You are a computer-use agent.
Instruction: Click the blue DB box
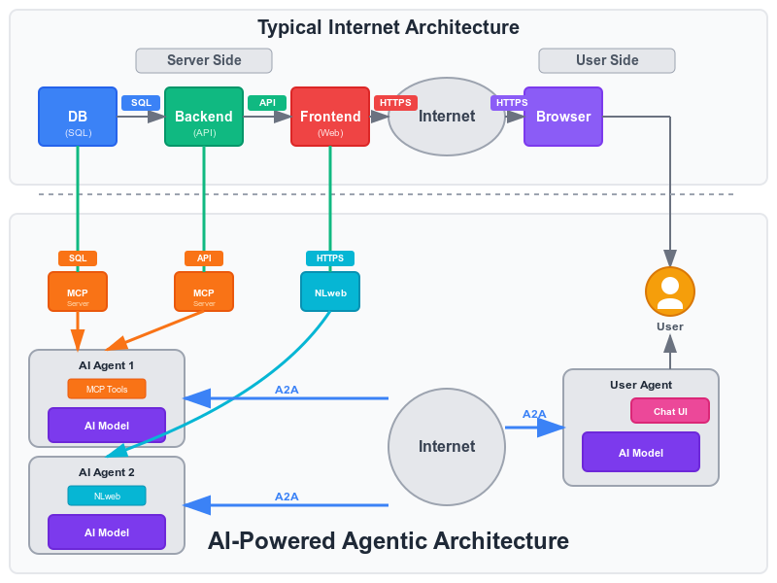(78, 117)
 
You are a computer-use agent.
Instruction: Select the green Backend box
(204, 117)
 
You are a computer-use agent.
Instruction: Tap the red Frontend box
(330, 117)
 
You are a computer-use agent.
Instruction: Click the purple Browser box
(563, 117)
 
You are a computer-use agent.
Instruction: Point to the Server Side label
(203, 60)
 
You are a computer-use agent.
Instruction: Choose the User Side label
(607, 60)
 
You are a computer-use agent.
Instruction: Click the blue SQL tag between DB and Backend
(141, 102)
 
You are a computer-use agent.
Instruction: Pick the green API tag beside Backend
(267, 102)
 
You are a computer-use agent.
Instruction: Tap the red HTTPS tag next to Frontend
(395, 102)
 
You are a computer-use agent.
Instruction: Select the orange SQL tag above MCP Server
(78, 258)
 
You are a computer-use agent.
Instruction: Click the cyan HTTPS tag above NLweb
(330, 258)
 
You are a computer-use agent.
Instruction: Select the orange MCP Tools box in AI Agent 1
(107, 389)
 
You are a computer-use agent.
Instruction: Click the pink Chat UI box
(670, 411)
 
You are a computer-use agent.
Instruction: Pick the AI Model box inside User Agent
(641, 452)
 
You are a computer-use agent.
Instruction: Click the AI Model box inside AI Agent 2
(107, 532)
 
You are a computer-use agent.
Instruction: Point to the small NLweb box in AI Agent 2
(107, 496)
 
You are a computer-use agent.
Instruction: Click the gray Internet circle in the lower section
(447, 447)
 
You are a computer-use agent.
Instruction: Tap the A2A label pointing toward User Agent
(534, 414)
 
